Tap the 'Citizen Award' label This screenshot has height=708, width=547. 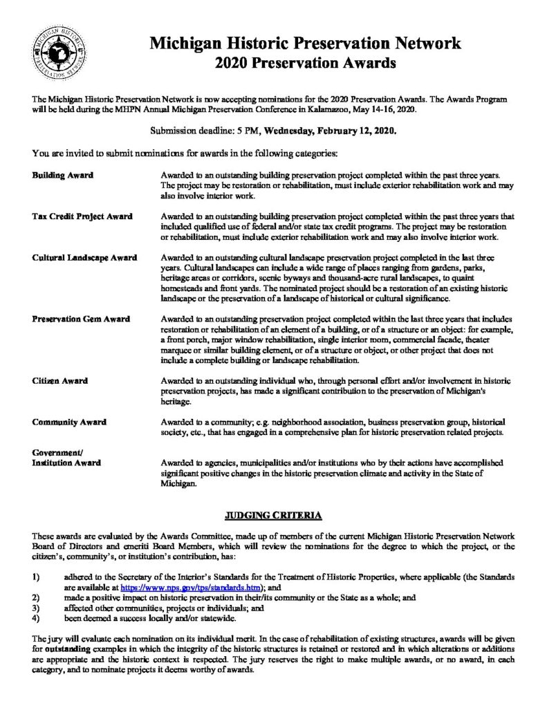click(59, 381)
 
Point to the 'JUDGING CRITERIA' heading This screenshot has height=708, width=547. click(273, 515)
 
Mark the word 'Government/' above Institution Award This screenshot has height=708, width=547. click(53, 451)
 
